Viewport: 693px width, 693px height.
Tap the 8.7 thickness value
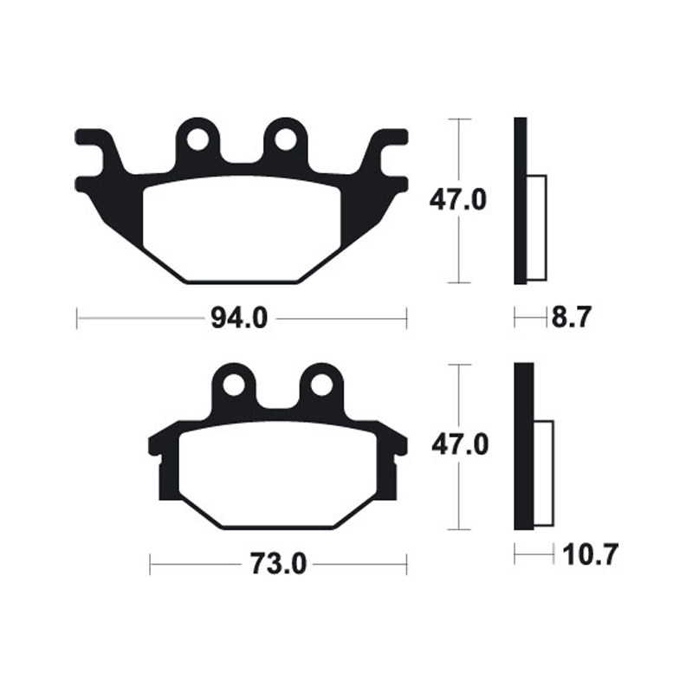click(571, 319)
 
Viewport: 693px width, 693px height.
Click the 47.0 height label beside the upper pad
click(458, 200)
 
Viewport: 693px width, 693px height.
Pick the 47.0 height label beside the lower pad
click(458, 446)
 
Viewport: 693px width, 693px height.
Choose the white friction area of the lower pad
click(277, 474)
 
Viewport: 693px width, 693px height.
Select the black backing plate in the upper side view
click(520, 200)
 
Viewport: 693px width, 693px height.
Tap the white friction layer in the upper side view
click(536, 228)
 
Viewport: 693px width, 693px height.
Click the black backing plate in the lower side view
click(524, 446)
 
